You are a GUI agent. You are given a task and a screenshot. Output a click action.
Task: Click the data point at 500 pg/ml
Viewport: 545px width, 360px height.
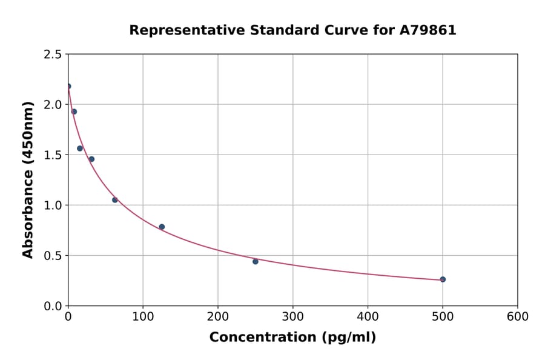(x=443, y=279)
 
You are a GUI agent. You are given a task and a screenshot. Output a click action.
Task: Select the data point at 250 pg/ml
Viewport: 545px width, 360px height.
(x=256, y=262)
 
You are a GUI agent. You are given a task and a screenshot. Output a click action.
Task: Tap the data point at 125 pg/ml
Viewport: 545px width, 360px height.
(x=162, y=227)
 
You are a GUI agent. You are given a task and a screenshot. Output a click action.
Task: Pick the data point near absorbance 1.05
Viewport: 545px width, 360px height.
(x=115, y=200)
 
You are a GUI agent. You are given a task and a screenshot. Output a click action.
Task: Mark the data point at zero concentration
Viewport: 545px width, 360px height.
(x=68, y=86)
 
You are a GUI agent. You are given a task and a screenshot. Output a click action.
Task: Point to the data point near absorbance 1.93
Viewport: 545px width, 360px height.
(x=74, y=112)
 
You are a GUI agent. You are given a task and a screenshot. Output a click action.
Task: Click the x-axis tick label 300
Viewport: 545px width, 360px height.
(x=292, y=316)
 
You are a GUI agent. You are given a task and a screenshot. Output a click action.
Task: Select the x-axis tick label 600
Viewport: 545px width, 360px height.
(x=518, y=316)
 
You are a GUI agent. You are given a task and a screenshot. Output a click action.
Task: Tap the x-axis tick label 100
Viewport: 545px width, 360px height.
(x=143, y=316)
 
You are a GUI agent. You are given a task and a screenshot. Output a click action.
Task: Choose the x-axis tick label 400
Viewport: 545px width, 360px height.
(x=368, y=316)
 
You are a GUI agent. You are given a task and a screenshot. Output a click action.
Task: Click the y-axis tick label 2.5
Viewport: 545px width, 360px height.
(x=53, y=55)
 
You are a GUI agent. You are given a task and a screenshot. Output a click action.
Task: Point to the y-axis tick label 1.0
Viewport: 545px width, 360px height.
(x=53, y=205)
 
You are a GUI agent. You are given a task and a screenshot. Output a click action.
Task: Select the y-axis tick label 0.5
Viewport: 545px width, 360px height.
(x=53, y=256)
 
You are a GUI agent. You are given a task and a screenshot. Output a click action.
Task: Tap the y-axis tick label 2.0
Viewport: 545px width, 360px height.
(x=53, y=105)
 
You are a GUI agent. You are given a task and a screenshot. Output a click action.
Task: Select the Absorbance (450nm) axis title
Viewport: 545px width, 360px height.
(x=28, y=179)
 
